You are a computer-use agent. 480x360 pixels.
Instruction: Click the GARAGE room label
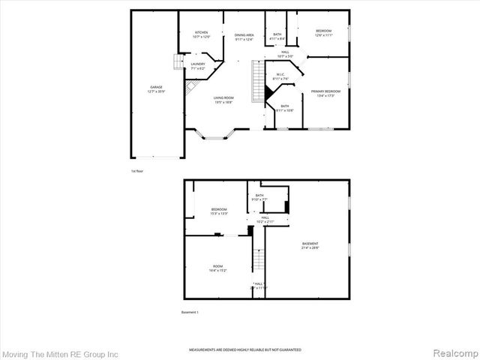tap(156, 89)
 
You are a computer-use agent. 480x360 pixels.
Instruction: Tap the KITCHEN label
tap(202, 34)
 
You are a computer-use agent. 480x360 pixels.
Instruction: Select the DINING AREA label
tap(244, 37)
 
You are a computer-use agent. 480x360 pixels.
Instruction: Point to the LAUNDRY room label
tap(197, 66)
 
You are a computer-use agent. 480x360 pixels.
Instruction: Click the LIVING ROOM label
tap(223, 100)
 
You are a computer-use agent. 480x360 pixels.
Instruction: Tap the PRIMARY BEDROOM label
tap(325, 93)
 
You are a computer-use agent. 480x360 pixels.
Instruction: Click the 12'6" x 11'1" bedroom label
tap(323, 33)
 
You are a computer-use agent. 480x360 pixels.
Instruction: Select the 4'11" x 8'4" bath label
tap(277, 37)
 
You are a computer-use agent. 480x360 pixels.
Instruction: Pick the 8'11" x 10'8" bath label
tap(285, 108)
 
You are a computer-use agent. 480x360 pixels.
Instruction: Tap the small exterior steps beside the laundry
tap(178, 62)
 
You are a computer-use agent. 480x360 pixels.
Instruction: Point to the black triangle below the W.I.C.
tap(268, 91)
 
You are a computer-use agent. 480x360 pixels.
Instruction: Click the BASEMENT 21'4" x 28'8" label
tap(310, 246)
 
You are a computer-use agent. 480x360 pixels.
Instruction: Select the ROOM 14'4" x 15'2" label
tap(217, 268)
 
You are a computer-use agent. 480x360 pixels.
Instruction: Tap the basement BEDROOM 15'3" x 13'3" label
tap(219, 211)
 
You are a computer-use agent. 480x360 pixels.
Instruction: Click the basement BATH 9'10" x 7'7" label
tap(259, 198)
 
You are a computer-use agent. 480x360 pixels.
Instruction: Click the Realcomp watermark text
tap(451, 352)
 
